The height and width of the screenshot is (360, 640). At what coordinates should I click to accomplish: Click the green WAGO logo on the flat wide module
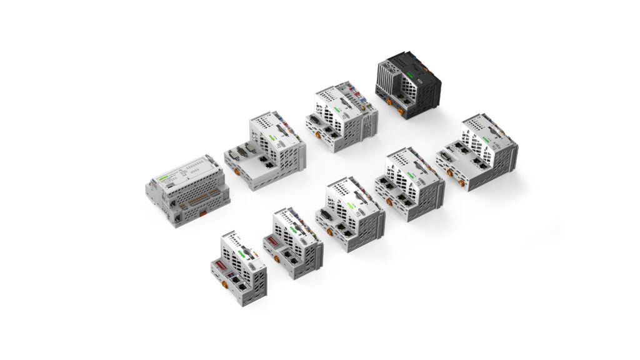[x=164, y=179]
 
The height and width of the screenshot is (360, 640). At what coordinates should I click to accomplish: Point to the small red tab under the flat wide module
[x=203, y=213]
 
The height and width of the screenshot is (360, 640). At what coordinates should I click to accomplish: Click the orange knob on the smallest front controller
[x=224, y=284]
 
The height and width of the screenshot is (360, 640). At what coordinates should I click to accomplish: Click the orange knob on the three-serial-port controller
[x=237, y=172]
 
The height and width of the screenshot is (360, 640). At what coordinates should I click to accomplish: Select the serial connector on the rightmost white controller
[x=444, y=156]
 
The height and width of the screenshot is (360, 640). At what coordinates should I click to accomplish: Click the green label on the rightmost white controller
[x=486, y=139]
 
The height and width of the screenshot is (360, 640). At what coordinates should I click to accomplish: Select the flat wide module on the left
[x=181, y=187]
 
